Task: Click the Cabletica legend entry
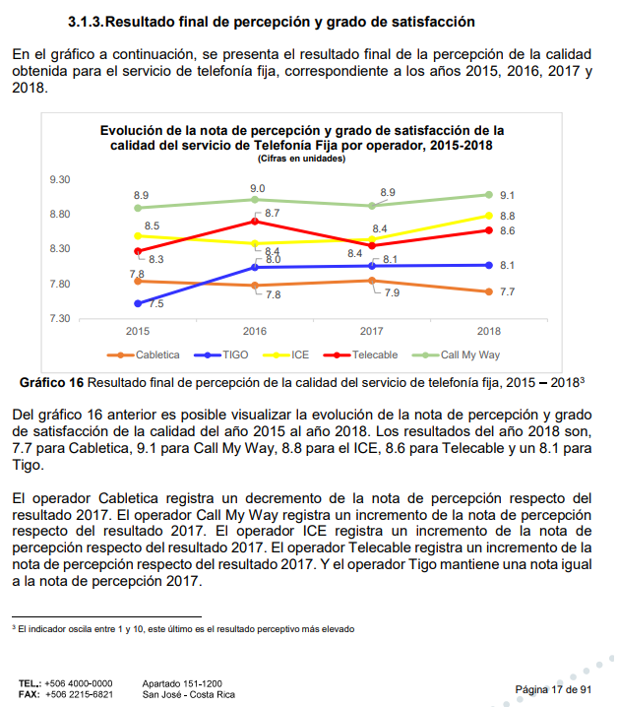coord(144,354)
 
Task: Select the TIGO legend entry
coord(220,354)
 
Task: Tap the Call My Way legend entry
coord(456,354)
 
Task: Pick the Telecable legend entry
coord(360,354)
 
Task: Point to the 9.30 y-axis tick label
coord(60,179)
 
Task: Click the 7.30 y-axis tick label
coord(60,318)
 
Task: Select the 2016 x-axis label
coord(255,331)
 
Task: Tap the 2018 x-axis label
coord(489,331)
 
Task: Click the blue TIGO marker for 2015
coord(138,303)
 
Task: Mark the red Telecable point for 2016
coord(255,222)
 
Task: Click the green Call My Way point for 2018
coord(489,195)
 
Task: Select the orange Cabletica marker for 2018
coord(489,291)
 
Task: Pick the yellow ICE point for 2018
coord(489,216)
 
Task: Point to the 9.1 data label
coord(507,195)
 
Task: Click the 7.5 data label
coord(156,304)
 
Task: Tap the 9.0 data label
coord(258,188)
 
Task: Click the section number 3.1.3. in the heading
coord(86,22)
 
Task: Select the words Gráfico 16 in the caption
coord(51,383)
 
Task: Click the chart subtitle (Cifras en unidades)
coord(301,159)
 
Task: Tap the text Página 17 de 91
coord(553,689)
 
